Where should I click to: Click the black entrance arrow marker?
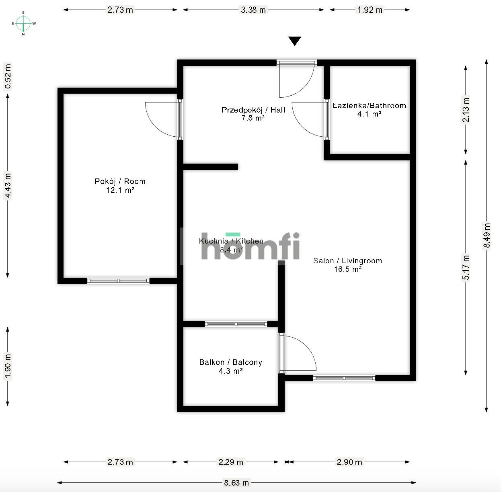click(295, 41)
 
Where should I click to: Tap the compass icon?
click(23, 23)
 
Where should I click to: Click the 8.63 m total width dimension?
click(236, 483)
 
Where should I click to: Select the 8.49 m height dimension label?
click(487, 236)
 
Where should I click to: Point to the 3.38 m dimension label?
click(253, 10)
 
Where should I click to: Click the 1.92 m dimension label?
click(370, 10)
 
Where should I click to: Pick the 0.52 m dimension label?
click(7, 77)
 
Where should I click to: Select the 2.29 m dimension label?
click(231, 462)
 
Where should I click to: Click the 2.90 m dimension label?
click(349, 462)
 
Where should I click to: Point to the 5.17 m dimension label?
click(466, 267)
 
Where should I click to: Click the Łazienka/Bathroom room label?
click(369, 106)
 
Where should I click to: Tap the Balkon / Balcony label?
click(230, 362)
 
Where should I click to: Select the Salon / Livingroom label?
click(347, 261)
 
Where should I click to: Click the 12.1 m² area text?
click(120, 191)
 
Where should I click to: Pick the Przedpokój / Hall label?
click(253, 110)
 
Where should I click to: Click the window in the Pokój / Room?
click(118, 281)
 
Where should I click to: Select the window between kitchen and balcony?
click(236, 324)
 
